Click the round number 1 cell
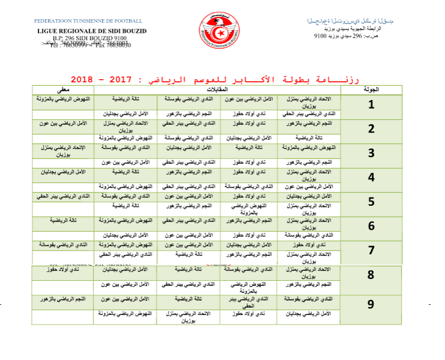pos(371,105)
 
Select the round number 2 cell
pos(371,129)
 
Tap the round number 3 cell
pos(371,153)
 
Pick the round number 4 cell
pos(371,178)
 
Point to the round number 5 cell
pos(371,202)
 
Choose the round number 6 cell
pos(371,226)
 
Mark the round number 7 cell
pos(371,250)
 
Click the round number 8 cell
pos(371,275)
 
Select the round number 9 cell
pos(371,304)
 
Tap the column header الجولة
pos(372,89)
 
